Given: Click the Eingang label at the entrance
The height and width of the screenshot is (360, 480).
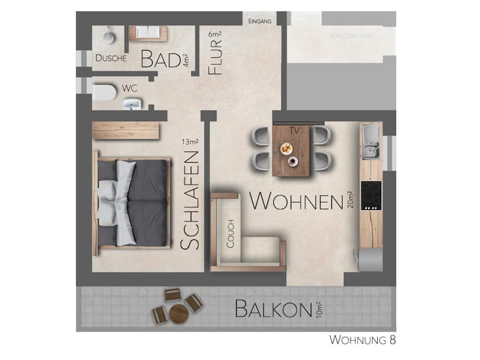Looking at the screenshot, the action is click(x=259, y=21).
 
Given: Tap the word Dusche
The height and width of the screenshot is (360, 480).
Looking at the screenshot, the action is click(x=111, y=58).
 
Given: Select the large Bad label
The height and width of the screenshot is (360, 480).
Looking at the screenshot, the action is click(x=161, y=59).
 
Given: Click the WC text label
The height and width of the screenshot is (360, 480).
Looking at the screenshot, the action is click(x=129, y=89).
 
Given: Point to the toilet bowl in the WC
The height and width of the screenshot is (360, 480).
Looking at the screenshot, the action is click(x=105, y=92).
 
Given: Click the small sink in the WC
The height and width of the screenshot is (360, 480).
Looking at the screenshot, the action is click(x=133, y=104).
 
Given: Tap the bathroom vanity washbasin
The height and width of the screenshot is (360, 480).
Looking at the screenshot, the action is click(x=147, y=33).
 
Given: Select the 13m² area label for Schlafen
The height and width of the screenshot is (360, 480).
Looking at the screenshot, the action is click(x=190, y=142).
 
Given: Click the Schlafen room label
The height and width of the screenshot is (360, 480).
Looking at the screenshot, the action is click(x=190, y=201).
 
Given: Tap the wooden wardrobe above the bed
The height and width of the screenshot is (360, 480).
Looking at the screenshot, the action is click(x=126, y=131).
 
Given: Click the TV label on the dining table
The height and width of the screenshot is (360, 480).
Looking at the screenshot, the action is click(x=294, y=131).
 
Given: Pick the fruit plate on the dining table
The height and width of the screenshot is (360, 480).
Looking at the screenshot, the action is click(x=286, y=149).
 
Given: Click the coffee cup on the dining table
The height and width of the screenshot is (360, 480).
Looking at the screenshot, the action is click(x=293, y=161).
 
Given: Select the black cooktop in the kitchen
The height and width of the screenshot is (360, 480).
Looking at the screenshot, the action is click(x=371, y=195).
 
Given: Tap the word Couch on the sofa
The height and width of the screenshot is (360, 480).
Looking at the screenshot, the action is click(x=230, y=233).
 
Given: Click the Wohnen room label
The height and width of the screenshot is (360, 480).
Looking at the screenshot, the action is click(x=296, y=201).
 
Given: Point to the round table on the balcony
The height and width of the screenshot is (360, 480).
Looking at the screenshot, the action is click(x=179, y=314).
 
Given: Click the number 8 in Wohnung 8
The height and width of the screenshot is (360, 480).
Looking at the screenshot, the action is click(x=393, y=340).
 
